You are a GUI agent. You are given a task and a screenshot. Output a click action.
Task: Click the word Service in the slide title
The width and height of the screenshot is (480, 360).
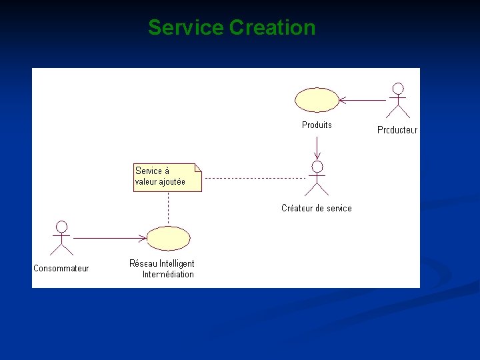click(185, 28)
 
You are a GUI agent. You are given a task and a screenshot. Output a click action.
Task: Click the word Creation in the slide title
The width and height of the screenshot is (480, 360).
click(272, 28)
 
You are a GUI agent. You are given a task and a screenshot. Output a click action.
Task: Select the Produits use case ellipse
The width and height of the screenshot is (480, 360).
click(317, 100)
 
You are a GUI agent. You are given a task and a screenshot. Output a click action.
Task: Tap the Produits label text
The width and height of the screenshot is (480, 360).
click(317, 125)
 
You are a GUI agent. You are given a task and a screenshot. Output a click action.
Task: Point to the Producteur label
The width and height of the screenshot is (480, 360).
click(397, 130)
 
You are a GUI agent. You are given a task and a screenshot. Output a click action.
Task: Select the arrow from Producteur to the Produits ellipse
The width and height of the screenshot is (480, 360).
click(363, 100)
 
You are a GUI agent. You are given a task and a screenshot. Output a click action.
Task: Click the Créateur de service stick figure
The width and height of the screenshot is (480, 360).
click(317, 177)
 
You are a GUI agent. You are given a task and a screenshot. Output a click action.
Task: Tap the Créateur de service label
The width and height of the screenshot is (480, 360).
click(317, 208)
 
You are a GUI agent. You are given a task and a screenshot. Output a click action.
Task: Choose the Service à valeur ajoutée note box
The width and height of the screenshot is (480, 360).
click(167, 177)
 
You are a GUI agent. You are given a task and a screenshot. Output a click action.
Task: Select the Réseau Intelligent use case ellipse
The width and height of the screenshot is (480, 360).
click(168, 238)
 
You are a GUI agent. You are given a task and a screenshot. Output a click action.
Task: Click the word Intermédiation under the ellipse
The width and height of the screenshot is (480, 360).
click(168, 274)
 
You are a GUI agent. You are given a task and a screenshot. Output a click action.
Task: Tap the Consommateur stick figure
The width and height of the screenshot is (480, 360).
click(62, 238)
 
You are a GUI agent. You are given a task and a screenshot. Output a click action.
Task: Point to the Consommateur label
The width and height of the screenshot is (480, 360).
click(61, 268)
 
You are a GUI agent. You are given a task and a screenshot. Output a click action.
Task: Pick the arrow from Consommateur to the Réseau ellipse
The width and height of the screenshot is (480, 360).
click(110, 238)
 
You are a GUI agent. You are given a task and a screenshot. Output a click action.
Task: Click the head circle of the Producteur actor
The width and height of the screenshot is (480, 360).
click(398, 88)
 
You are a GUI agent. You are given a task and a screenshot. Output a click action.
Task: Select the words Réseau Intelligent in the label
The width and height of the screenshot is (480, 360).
click(162, 263)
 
